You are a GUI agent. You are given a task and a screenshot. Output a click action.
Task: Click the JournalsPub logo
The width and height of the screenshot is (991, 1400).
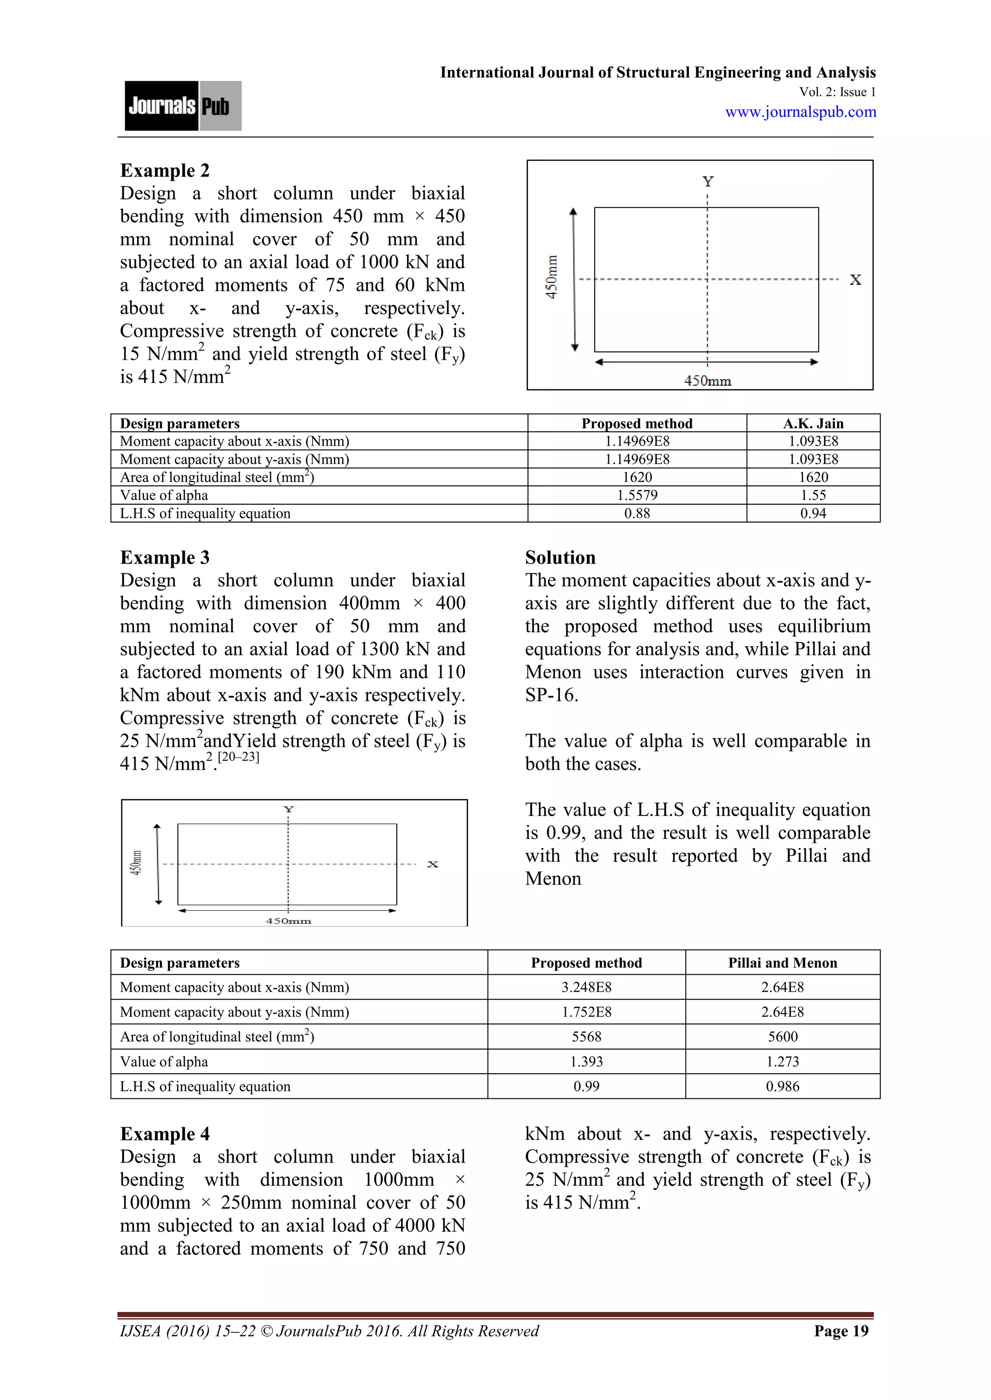182,105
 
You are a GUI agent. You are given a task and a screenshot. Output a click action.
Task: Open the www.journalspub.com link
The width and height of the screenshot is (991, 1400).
800,112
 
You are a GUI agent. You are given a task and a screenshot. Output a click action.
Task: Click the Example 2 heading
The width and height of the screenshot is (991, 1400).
164,170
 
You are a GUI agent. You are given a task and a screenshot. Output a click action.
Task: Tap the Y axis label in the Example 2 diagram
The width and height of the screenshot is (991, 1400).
708,182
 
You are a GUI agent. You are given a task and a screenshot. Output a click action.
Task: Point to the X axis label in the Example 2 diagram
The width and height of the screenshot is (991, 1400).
855,280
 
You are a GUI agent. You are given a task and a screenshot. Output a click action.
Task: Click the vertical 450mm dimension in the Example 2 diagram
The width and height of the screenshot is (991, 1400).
551,277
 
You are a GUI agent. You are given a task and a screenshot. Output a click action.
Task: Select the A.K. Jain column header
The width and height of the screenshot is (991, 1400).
813,423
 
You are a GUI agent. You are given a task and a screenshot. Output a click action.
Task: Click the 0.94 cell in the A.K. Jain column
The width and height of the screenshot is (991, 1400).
813,513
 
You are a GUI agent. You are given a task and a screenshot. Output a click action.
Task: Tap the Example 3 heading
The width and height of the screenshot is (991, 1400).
164,557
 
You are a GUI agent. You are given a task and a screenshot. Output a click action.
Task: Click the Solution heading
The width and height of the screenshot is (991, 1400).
560,557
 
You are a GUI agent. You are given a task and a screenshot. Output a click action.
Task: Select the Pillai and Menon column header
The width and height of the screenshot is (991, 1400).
782,963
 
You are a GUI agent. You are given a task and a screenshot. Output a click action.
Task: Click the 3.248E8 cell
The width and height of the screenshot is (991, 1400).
586,987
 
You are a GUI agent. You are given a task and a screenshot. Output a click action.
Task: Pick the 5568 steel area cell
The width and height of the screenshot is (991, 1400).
586,1036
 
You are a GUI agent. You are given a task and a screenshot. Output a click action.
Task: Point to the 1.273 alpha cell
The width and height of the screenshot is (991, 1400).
782,1062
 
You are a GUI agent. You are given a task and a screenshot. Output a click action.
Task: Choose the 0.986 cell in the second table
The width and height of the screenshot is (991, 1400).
782,1086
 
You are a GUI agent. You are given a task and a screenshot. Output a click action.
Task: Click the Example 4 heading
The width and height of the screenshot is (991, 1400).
164,1134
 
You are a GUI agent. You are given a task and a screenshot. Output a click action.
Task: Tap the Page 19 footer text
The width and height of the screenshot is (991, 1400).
841,1342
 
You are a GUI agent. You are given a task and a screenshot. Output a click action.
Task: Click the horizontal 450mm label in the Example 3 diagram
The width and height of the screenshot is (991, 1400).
288,921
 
